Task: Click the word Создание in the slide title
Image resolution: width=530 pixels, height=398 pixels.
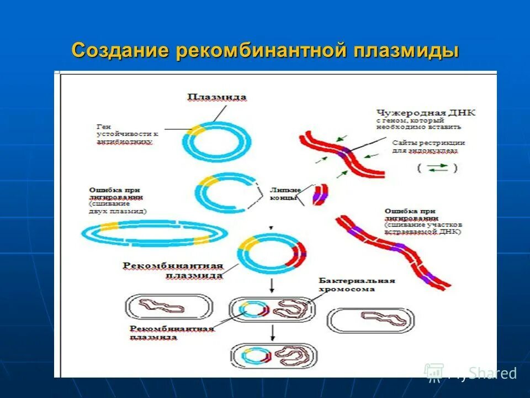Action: coord(120,50)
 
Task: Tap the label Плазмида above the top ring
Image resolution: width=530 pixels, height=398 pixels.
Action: coord(217,97)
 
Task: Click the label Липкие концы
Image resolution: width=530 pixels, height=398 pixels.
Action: coord(284,192)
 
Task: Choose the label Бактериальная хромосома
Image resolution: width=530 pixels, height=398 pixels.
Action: coord(357,284)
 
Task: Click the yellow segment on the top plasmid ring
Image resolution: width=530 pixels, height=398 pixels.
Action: coord(195,129)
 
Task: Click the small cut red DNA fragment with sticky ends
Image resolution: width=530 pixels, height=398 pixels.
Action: coord(320,194)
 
